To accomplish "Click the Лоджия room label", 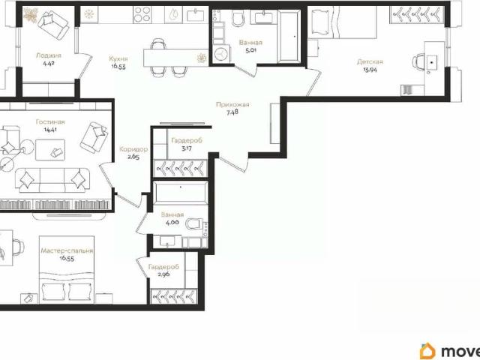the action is [x=49, y=55].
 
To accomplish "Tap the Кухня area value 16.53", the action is [x=118, y=66].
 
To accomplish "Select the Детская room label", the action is [x=370, y=61].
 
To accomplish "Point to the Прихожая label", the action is [x=232, y=104].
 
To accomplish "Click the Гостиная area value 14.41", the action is [x=50, y=130].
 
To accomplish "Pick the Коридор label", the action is [x=133, y=149].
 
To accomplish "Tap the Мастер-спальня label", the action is [x=67, y=251].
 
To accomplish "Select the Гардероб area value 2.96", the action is [x=163, y=274].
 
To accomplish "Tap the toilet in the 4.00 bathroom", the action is [x=195, y=223].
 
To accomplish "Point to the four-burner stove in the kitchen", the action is [x=142, y=14].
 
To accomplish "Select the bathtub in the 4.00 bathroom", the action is [x=181, y=193].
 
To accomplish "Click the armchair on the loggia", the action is [x=53, y=25].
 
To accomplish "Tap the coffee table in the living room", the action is [x=50, y=150].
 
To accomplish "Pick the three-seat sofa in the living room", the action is [x=55, y=180].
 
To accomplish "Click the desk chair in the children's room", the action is [x=418, y=62].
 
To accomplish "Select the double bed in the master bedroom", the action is [x=67, y=270].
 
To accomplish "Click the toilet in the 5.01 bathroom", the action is [x=238, y=18].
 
